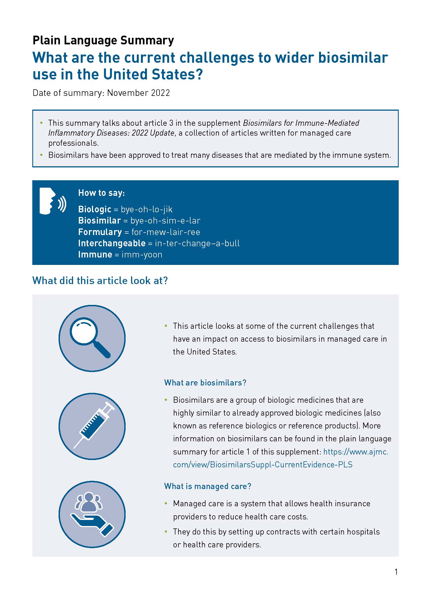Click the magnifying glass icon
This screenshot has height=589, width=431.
(92, 338)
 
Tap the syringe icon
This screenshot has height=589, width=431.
(92, 426)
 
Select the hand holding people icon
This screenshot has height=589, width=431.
(92, 514)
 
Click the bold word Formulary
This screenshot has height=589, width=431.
(100, 232)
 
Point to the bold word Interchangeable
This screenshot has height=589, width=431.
(112, 243)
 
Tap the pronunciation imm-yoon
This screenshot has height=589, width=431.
(142, 255)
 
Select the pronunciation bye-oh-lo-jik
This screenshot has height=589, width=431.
(147, 209)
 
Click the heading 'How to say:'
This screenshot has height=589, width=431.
(102, 193)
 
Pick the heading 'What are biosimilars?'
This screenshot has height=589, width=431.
(205, 382)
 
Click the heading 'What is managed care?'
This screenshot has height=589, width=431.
(207, 486)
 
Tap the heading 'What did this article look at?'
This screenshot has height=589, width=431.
(100, 281)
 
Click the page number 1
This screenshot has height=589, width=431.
(396, 572)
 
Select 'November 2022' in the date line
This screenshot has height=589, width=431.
(138, 93)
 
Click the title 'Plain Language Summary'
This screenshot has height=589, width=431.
(103, 40)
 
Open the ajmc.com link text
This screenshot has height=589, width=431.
(280, 458)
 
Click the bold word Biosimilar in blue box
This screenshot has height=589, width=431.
(99, 221)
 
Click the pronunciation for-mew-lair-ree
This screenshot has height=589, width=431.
(166, 232)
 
